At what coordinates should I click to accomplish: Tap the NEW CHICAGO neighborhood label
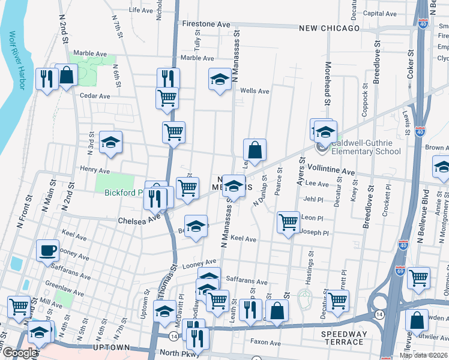point(329,28)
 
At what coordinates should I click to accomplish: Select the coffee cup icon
point(47,250)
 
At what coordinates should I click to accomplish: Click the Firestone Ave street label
point(206,24)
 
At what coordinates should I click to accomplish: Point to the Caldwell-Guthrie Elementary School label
point(360,148)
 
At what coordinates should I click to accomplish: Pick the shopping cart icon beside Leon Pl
point(289,223)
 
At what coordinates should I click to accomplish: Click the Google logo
point(19,353)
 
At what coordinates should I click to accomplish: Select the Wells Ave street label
point(255,91)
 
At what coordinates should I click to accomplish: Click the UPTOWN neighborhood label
point(112,347)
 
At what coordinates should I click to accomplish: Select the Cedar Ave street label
point(95,95)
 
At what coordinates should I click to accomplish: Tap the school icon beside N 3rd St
point(110,142)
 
